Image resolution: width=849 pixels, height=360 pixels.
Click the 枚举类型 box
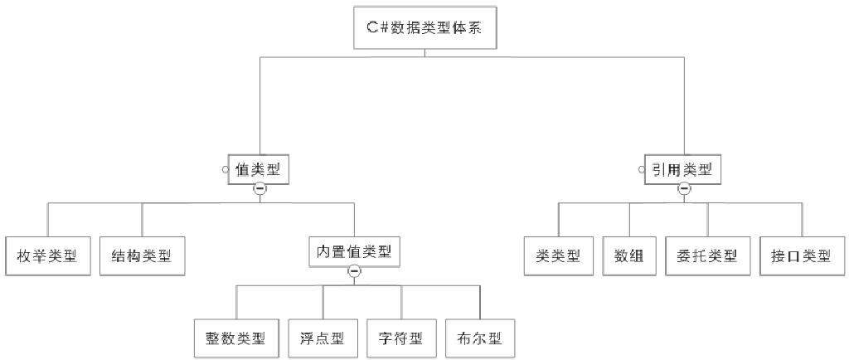(46, 255)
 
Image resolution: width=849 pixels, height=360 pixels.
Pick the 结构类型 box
(142, 255)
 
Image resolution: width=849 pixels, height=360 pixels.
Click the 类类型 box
(558, 255)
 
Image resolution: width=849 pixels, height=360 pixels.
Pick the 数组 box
(629, 255)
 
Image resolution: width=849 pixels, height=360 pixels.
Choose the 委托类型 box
(707, 255)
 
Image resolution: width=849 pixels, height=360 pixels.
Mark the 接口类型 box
(802, 255)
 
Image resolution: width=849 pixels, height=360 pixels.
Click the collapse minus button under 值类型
(260, 189)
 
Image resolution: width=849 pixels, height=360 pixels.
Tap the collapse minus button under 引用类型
(684, 189)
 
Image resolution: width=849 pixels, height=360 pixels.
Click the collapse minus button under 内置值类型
(354, 270)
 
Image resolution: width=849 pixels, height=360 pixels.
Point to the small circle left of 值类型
(225, 170)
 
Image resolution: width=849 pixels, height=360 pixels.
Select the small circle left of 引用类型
(642, 170)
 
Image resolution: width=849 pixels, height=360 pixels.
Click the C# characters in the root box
(376, 29)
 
